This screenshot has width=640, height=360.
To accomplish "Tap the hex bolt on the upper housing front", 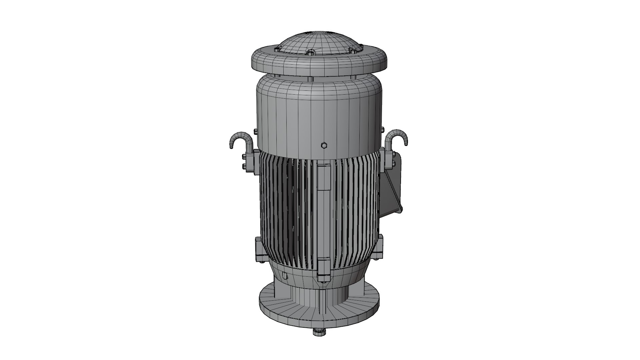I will (x=322, y=146).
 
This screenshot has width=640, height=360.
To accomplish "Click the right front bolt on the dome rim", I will (x=352, y=51).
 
